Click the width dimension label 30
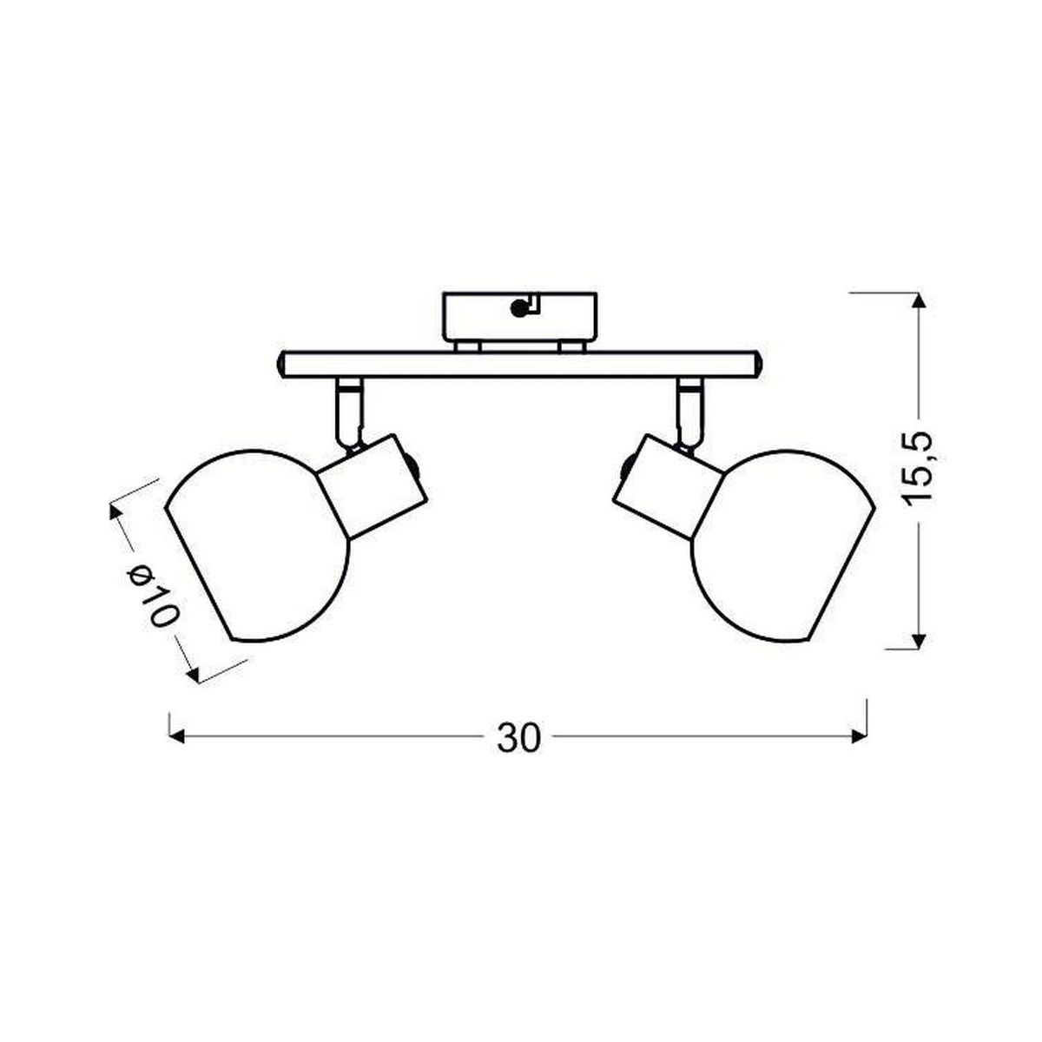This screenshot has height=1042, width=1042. click(518, 737)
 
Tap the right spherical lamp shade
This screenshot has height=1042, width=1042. click(783, 546)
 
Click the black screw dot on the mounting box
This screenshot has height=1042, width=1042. click(518, 308)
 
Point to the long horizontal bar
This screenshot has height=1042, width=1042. click(519, 364)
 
